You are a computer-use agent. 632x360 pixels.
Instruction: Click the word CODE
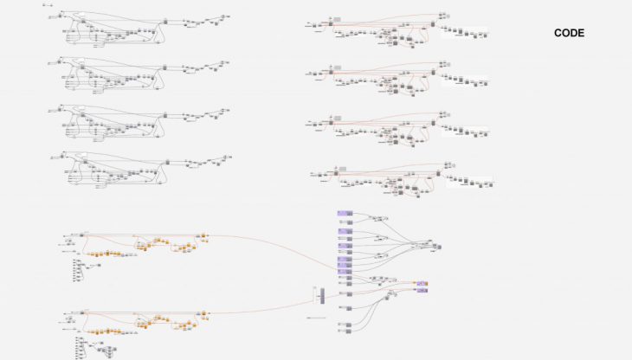click(569, 34)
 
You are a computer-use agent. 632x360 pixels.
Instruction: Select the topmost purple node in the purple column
click(344, 214)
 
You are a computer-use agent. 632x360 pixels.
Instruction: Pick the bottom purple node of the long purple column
click(344, 282)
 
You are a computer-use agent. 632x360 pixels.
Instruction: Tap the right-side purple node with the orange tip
click(422, 283)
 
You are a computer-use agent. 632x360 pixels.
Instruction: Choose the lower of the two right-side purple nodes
click(422, 291)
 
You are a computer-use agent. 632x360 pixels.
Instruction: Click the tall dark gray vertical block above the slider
click(321, 295)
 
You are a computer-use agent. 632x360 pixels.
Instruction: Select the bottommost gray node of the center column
click(344, 328)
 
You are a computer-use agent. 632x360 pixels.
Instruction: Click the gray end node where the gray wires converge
click(435, 246)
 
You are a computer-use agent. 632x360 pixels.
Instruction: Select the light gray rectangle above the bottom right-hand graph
click(342, 168)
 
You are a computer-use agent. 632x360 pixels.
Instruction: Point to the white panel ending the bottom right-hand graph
click(469, 182)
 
